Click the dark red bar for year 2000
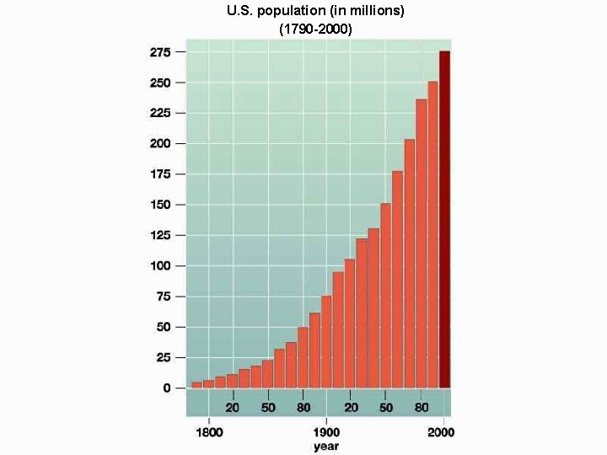(444, 219)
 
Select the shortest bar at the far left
(196, 384)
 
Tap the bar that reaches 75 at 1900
(326, 341)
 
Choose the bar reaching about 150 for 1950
(385, 295)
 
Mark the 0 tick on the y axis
(167, 388)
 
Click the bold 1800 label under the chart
(209, 432)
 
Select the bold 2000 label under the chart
(441, 432)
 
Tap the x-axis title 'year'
(326, 446)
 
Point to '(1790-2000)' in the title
(315, 28)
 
